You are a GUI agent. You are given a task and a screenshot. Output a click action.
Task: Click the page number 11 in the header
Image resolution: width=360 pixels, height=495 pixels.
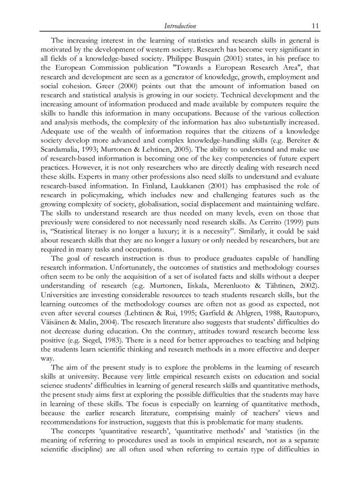pyautogui.click(x=315, y=26)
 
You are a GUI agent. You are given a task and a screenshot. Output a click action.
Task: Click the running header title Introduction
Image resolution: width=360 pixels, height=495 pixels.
pyautogui.click(x=180, y=26)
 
